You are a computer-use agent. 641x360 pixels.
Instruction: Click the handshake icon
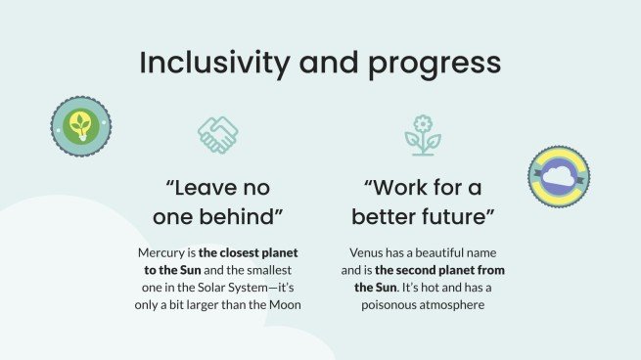(217, 135)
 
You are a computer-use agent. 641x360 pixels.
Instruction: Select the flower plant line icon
(423, 135)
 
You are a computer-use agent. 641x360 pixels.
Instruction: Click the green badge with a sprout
(80, 127)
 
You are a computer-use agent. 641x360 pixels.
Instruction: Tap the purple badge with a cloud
(559, 176)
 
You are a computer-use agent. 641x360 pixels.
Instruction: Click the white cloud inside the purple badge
(559, 177)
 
